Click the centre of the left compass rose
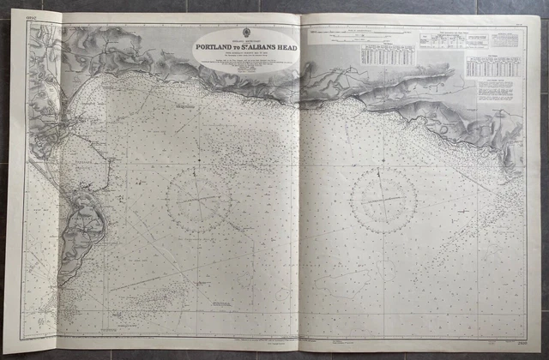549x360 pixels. [198, 199]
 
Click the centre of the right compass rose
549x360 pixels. [383, 199]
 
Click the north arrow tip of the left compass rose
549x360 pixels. [199, 169]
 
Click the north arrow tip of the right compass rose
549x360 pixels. [384, 169]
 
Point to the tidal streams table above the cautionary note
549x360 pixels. [492, 67]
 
